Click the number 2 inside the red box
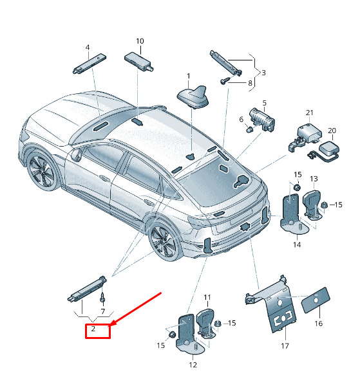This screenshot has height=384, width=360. [93, 329]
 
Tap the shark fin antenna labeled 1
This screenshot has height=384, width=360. [193, 97]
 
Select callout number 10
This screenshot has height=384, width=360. [140, 41]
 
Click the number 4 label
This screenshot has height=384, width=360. [88, 48]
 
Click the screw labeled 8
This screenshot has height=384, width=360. [225, 81]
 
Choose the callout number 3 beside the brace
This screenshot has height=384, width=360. [263, 73]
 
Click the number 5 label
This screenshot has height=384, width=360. [264, 103]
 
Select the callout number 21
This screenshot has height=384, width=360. [310, 113]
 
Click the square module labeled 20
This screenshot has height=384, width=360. [328, 149]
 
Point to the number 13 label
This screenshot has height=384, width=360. [314, 179]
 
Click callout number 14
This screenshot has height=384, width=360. [297, 244]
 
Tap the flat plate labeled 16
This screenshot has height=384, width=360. [316, 300]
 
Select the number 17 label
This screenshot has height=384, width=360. [285, 346]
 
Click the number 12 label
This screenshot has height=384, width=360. [193, 365]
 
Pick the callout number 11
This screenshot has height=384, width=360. [207, 297]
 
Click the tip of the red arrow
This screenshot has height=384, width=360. [109, 326]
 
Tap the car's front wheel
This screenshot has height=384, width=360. [42, 171]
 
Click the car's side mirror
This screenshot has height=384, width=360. [77, 155]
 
